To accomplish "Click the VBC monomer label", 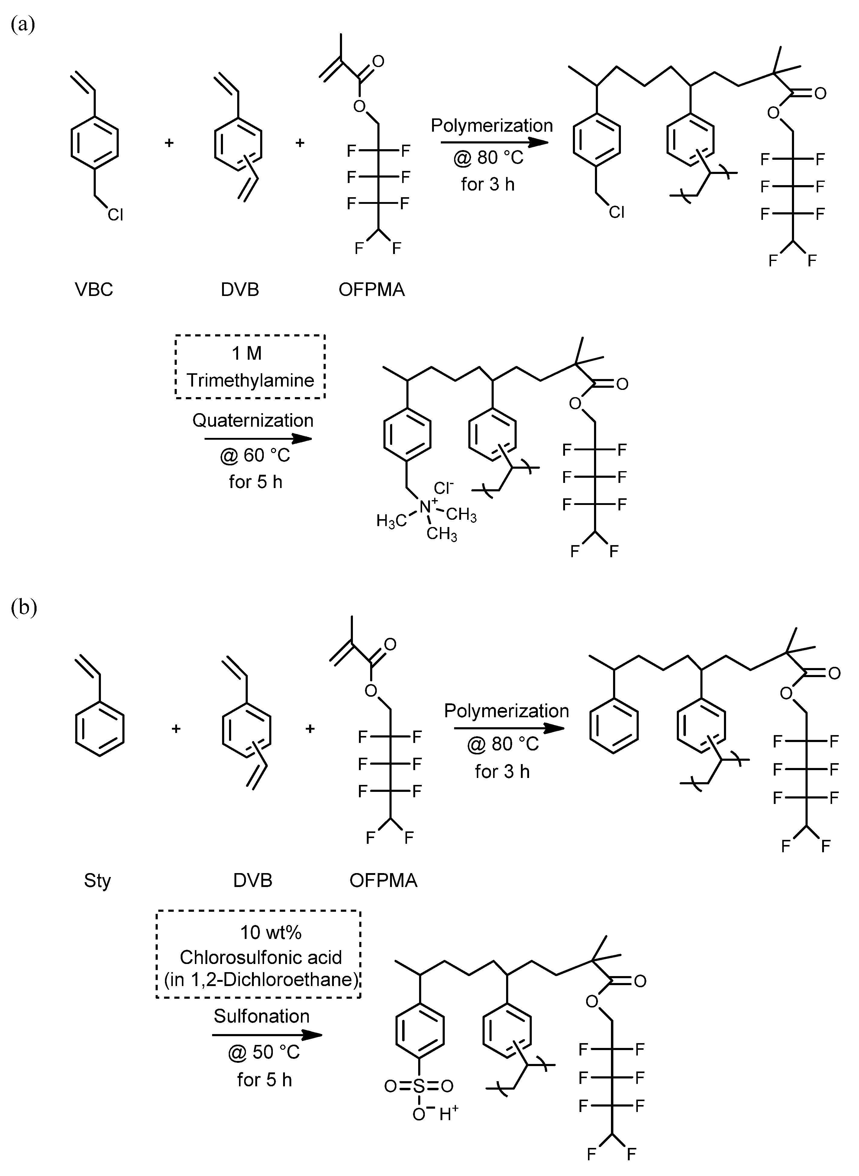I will pyautogui.click(x=94, y=289).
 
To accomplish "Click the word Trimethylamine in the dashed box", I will pyautogui.click(x=250, y=381).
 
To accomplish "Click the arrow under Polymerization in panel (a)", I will pyautogui.click(x=494, y=141).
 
